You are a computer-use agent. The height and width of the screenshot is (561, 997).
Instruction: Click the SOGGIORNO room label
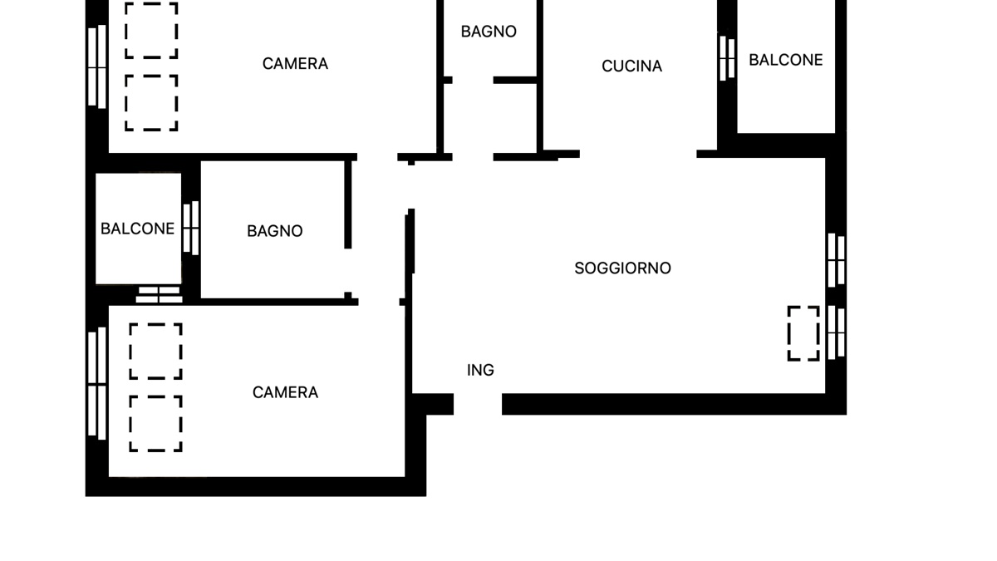click(x=622, y=268)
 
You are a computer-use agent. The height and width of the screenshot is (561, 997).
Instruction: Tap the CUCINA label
click(x=631, y=66)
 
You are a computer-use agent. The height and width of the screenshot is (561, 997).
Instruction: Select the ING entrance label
click(x=480, y=371)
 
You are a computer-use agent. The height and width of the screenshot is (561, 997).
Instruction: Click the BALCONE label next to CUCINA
click(x=785, y=60)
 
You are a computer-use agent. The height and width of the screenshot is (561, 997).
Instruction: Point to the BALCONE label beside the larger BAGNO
click(x=137, y=229)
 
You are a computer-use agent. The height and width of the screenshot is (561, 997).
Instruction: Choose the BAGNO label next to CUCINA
click(x=489, y=32)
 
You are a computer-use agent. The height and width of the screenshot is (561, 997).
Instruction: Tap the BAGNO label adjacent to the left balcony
click(x=274, y=231)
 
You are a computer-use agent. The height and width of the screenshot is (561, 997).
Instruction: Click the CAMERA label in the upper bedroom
click(x=295, y=64)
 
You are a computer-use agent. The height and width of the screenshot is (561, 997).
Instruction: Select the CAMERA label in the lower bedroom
click(x=285, y=392)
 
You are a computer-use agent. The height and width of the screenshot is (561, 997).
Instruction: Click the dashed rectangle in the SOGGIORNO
click(x=803, y=333)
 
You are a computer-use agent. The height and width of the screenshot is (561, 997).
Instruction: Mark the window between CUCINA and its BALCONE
click(x=727, y=58)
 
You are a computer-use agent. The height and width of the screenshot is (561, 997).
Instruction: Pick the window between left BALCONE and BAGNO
click(x=191, y=227)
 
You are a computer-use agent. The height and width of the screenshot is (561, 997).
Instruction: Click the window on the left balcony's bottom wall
click(x=159, y=294)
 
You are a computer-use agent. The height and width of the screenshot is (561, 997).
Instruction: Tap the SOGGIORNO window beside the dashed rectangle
click(x=836, y=333)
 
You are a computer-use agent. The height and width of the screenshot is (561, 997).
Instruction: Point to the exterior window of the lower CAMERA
click(x=97, y=383)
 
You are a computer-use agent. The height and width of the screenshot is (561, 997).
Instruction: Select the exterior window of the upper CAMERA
click(x=97, y=66)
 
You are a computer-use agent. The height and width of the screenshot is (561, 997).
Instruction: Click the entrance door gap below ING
click(x=478, y=405)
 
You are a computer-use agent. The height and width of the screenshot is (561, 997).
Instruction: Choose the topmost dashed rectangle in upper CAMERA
click(x=151, y=31)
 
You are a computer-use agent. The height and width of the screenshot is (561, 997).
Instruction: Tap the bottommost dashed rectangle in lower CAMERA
click(x=155, y=424)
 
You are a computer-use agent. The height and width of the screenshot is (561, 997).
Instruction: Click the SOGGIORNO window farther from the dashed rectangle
click(x=836, y=260)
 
